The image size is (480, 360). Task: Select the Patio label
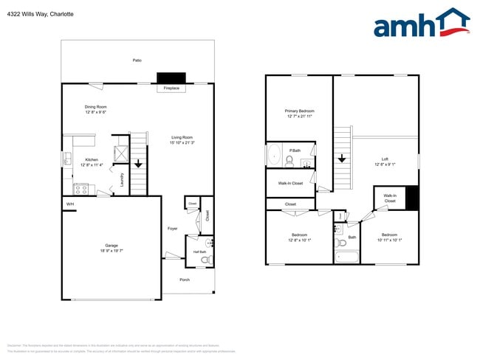pos(137,60)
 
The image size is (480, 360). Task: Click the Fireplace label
pos(171,89)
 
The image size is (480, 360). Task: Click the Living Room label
pos(182,137)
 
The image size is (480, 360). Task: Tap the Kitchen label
pos(92,159)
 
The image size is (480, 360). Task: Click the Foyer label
pos(172,229)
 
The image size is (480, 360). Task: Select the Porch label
pos(185,280)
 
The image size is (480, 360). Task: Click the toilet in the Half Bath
pos(207,259)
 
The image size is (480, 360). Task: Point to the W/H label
pos(70,204)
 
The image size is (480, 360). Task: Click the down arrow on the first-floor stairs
pos(137,164)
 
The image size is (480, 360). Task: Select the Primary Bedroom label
pos(300,111)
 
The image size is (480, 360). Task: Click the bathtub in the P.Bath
pos(273,156)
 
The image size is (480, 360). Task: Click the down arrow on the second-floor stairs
pos(342,158)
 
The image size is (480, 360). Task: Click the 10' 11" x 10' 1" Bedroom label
pos(391,237)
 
